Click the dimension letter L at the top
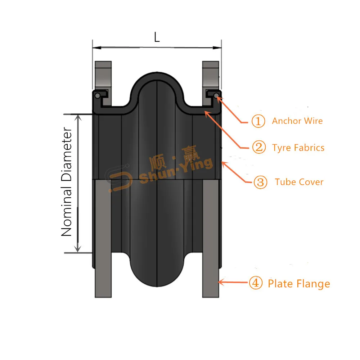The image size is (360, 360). coord(157,37)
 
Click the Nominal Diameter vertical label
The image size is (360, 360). coord(67,182)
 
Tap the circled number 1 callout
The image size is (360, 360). coord(258,121)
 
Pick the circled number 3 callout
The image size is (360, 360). coord(261,182)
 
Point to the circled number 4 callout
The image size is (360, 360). coord(256,283)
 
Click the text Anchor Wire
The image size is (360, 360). coord(297,121)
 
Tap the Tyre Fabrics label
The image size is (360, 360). coord(298,148)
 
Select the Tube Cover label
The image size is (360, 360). coord(299,182)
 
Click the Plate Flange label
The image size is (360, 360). coord(299,284)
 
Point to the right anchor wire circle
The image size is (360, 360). coord(216,96)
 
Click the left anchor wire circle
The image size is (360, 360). coord(97,96)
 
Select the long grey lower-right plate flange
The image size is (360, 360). coord(211,238)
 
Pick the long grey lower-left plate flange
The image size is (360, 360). coord(103,238)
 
